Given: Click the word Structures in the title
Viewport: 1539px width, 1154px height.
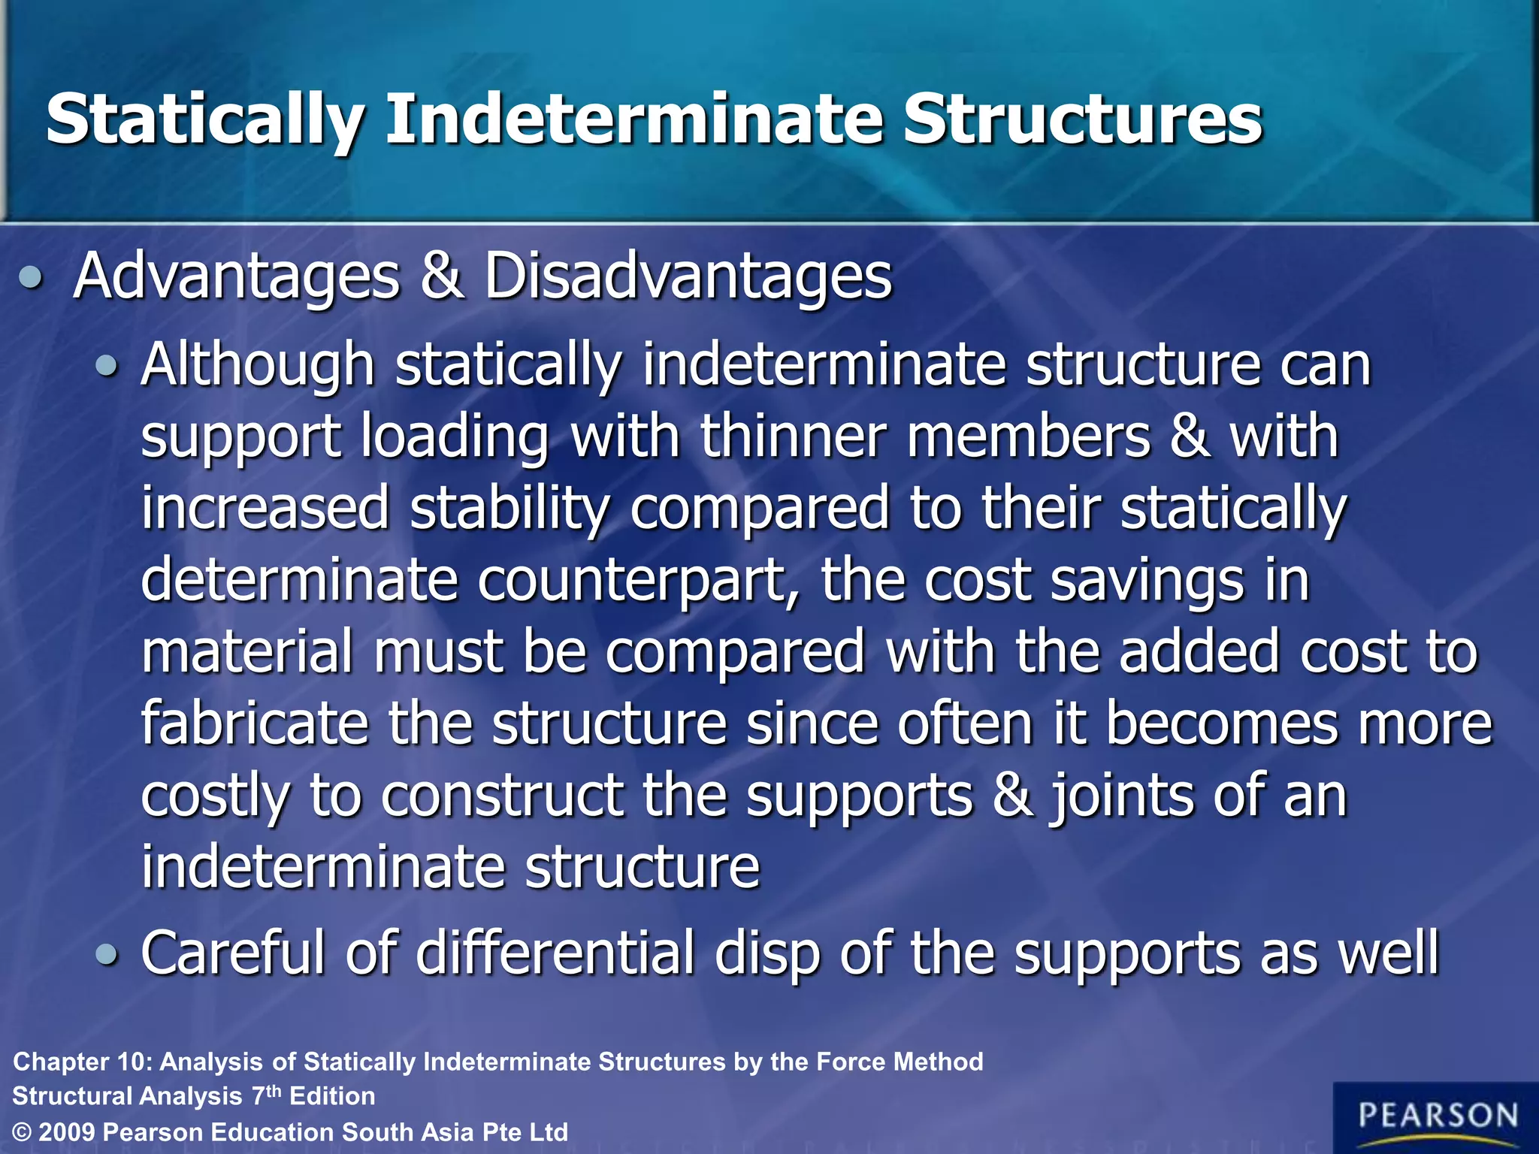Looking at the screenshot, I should pos(1082,120).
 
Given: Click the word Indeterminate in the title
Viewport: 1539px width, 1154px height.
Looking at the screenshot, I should pos(635,120).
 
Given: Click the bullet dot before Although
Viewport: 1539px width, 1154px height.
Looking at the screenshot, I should pos(107,367).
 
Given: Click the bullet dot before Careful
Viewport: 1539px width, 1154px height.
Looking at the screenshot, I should pos(107,955).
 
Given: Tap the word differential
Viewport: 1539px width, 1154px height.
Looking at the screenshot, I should pos(555,953).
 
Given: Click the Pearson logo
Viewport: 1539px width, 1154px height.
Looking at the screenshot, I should pos(1436,1117).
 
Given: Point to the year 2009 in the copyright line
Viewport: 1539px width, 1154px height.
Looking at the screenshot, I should pos(65,1132).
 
